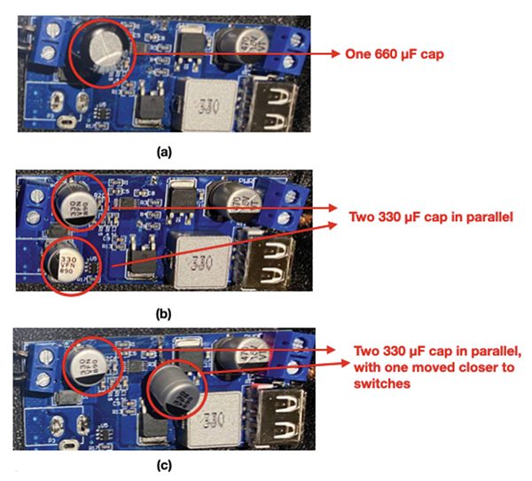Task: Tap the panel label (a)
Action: [164, 152]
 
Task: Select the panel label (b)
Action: [164, 312]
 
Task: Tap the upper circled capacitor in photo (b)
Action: [74, 204]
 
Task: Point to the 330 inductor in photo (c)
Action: [216, 415]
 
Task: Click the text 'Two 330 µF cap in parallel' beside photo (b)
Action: [424, 217]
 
